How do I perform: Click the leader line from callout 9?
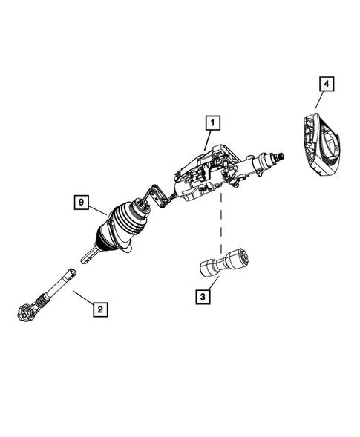(99, 208)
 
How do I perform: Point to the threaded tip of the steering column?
(282, 157)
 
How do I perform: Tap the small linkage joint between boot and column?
(157, 196)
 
